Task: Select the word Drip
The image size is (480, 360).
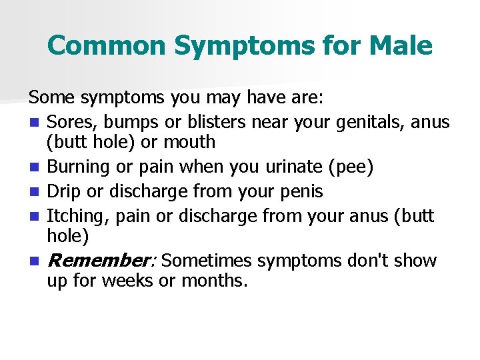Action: point(63,192)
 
